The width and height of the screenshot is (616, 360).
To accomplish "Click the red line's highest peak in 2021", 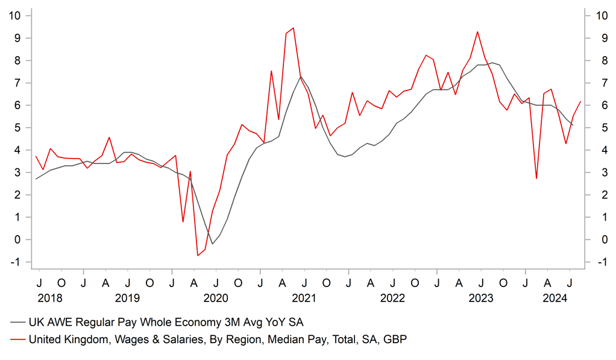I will click(293, 28).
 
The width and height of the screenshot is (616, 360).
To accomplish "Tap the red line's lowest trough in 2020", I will click(197, 256).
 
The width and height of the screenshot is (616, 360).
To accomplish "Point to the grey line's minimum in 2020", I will click(212, 244).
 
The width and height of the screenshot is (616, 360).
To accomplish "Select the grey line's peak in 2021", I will click(301, 77).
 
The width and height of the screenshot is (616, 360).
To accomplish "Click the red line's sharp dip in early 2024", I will click(536, 178).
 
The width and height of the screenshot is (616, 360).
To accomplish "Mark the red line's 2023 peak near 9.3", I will click(477, 31).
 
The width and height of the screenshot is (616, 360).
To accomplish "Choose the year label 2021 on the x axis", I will click(304, 298).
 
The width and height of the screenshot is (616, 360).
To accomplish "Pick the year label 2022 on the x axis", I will click(392, 298).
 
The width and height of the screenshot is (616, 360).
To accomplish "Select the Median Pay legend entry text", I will click(218, 340).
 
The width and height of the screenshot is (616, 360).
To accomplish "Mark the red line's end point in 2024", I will click(580, 102).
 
